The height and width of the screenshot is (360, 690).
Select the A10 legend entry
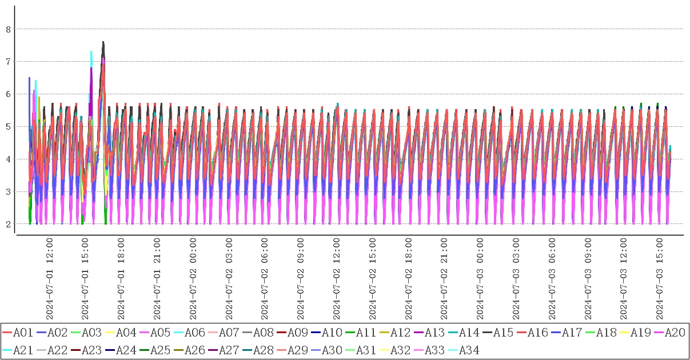coord(331,333)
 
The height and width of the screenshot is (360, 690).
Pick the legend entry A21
coord(22,350)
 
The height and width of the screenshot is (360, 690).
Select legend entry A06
coord(194,333)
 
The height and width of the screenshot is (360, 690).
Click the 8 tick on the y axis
coord(8,29)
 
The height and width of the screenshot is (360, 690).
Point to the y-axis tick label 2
coord(8,224)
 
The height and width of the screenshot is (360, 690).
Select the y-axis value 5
coord(8,126)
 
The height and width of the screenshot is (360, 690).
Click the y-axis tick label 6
coord(8,94)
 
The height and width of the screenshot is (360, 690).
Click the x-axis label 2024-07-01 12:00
coord(50,279)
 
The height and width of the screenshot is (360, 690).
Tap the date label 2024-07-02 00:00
coord(193,279)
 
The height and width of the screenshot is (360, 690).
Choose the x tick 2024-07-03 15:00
coord(660,279)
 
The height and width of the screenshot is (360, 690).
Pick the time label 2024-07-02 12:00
coord(337,279)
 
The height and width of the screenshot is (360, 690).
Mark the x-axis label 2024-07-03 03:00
coord(516,279)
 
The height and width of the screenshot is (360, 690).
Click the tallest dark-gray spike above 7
coord(103,42)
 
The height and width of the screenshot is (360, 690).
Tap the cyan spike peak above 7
coord(91,52)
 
